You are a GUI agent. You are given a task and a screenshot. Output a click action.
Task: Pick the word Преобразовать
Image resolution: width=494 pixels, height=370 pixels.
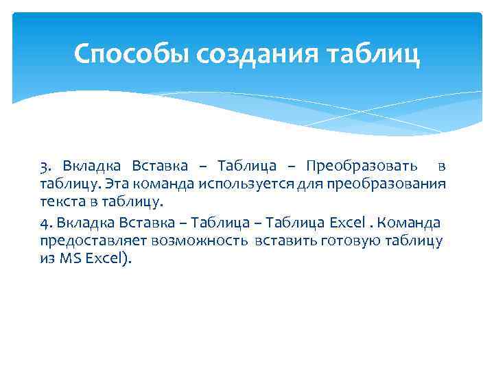[360, 166]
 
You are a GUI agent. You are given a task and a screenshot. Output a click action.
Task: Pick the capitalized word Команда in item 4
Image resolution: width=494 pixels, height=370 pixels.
[410, 223]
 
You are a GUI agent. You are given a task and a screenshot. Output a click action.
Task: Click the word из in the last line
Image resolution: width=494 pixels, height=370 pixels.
[47, 259]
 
